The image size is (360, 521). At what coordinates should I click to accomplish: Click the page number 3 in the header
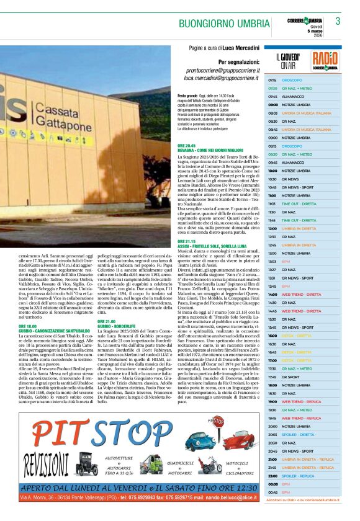[x=338, y=20]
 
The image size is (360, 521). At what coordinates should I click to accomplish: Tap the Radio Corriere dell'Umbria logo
[x=325, y=61]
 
